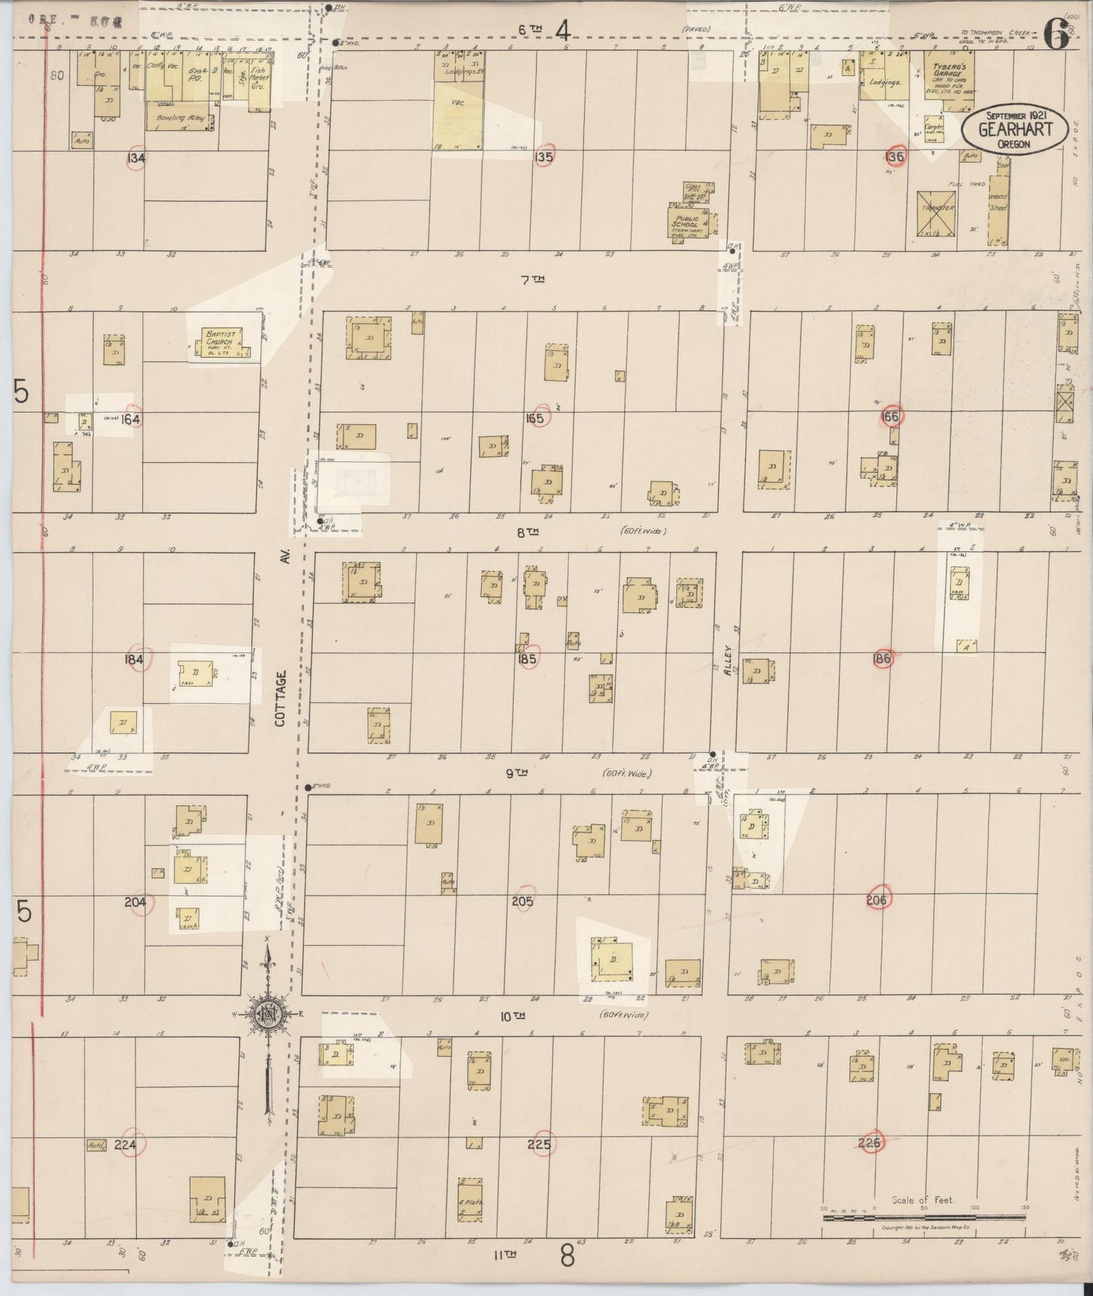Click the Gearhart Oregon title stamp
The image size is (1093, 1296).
click(x=1016, y=129)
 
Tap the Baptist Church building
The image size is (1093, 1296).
click(x=219, y=343)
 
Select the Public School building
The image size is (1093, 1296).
click(x=688, y=220)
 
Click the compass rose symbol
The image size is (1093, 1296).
click(x=269, y=1013)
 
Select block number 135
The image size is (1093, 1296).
click(x=543, y=157)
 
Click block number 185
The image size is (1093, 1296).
click(x=527, y=659)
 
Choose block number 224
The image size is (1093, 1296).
click(x=125, y=1146)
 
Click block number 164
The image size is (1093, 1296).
click(x=131, y=419)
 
